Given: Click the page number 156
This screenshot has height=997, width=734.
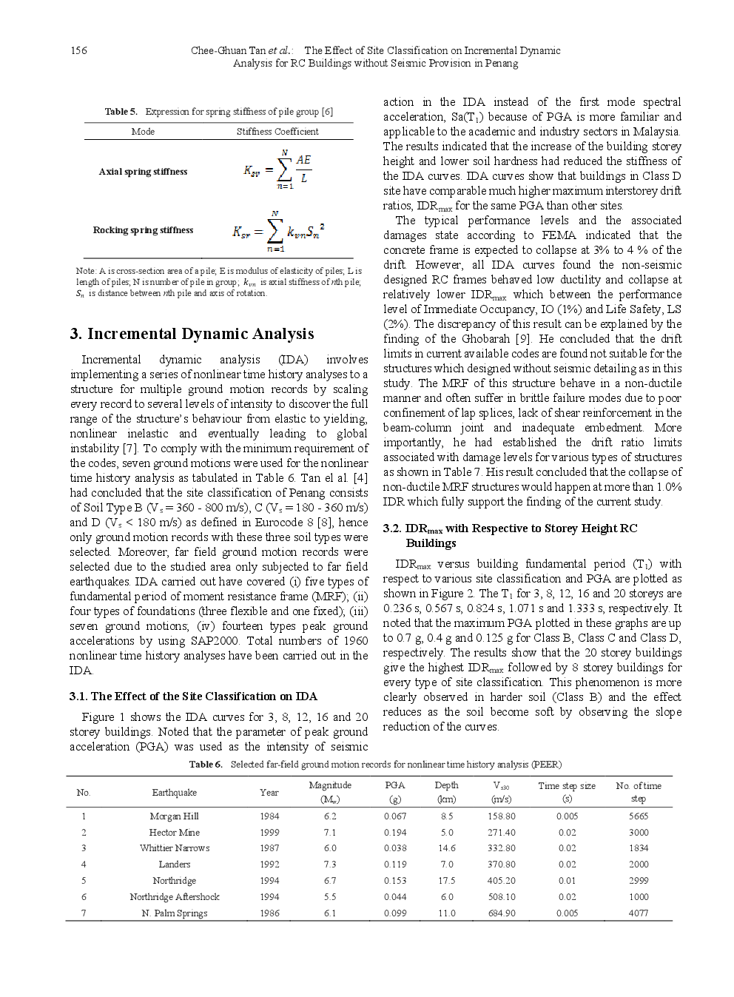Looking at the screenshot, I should point(78,50).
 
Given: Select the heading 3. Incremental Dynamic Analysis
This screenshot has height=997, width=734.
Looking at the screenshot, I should point(192,334).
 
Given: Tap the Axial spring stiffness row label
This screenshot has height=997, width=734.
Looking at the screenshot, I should point(143,172).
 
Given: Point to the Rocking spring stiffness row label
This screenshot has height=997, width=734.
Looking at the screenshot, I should point(143,230).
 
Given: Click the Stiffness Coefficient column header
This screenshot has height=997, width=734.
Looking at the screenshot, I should point(277,132).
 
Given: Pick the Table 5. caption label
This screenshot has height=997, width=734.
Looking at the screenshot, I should point(121,112).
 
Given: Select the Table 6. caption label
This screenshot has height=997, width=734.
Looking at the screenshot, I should point(205,765).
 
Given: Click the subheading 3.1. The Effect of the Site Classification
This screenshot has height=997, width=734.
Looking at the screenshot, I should point(193,696).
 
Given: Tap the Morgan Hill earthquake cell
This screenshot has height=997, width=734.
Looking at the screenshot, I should point(174,816).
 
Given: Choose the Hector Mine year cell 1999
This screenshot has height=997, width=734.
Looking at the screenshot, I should point(269,833).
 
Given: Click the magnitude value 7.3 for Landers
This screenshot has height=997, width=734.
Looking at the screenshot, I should point(329,865).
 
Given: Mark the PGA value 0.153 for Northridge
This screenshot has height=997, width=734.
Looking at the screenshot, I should point(395,881).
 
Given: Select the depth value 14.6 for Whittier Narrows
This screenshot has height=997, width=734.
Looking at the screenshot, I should point(446,848).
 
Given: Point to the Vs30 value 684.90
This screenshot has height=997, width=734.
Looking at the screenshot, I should point(501,913).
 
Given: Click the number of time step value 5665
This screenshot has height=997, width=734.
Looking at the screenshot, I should point(638,816).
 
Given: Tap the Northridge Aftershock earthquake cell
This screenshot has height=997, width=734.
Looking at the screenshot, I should point(174,897).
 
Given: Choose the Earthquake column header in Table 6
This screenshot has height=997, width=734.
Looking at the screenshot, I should point(174,793).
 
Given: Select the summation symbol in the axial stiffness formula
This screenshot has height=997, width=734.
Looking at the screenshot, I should point(284,170).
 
